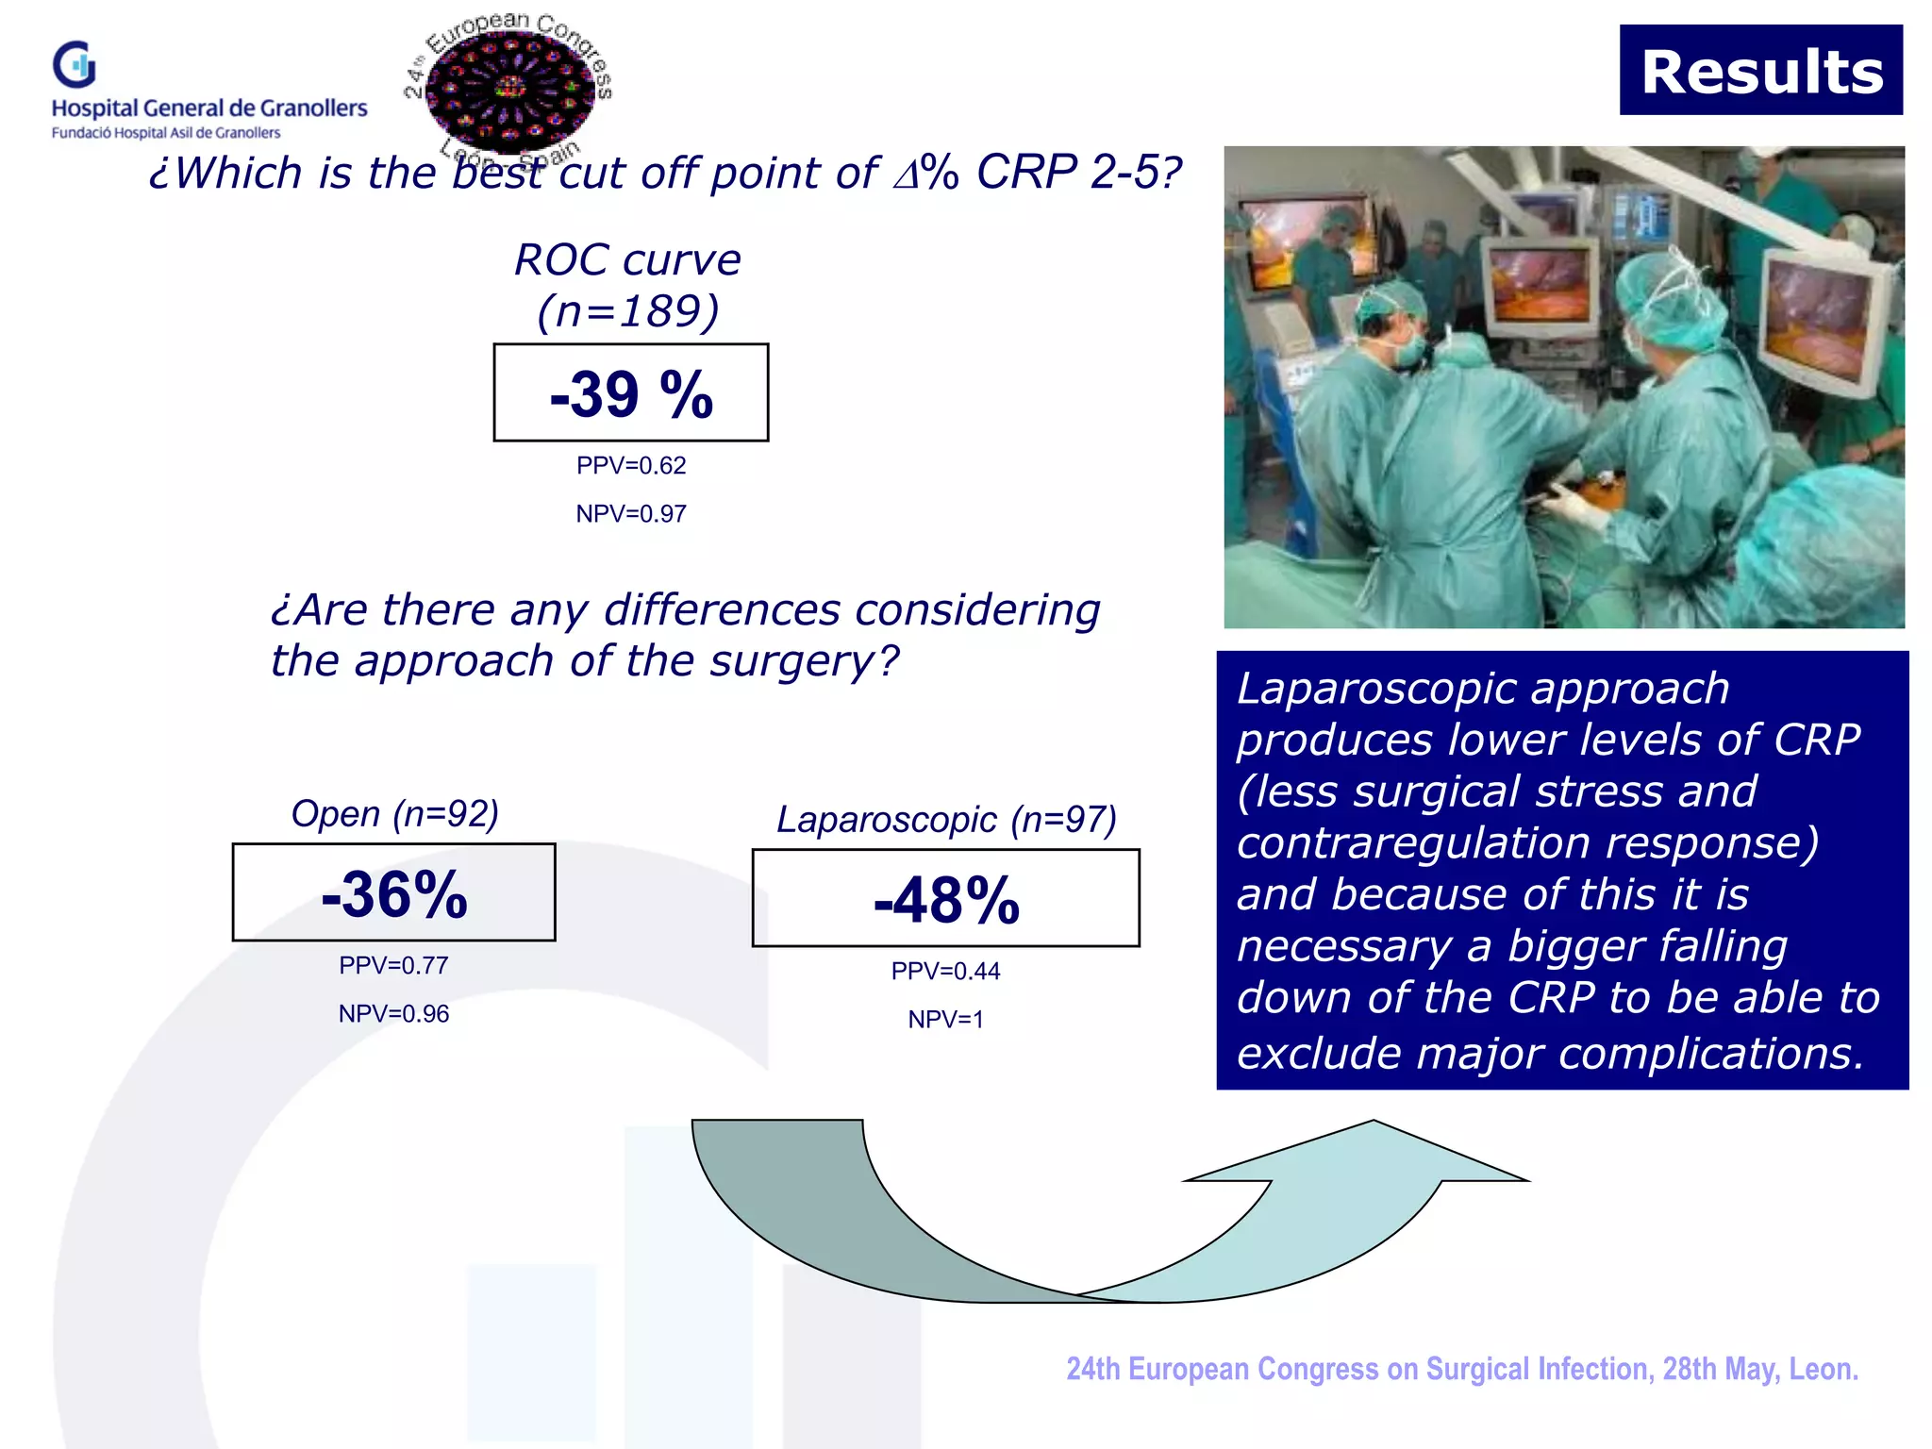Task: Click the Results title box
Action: [x=1760, y=71]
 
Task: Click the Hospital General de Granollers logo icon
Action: [x=75, y=64]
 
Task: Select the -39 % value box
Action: [x=630, y=392]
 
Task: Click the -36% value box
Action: [x=393, y=892]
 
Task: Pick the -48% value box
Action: [x=945, y=898]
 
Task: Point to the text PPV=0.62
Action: [x=630, y=465]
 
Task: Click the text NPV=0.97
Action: [x=630, y=513]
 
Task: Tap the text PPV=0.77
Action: [x=393, y=965]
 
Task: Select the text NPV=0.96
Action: [x=393, y=1013]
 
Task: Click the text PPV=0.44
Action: [x=945, y=971]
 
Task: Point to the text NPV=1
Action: [x=945, y=1019]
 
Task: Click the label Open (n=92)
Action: [x=394, y=813]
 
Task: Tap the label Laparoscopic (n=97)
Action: [x=946, y=819]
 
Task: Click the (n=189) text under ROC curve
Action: [x=628, y=311]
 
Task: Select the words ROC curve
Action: [x=627, y=259]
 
